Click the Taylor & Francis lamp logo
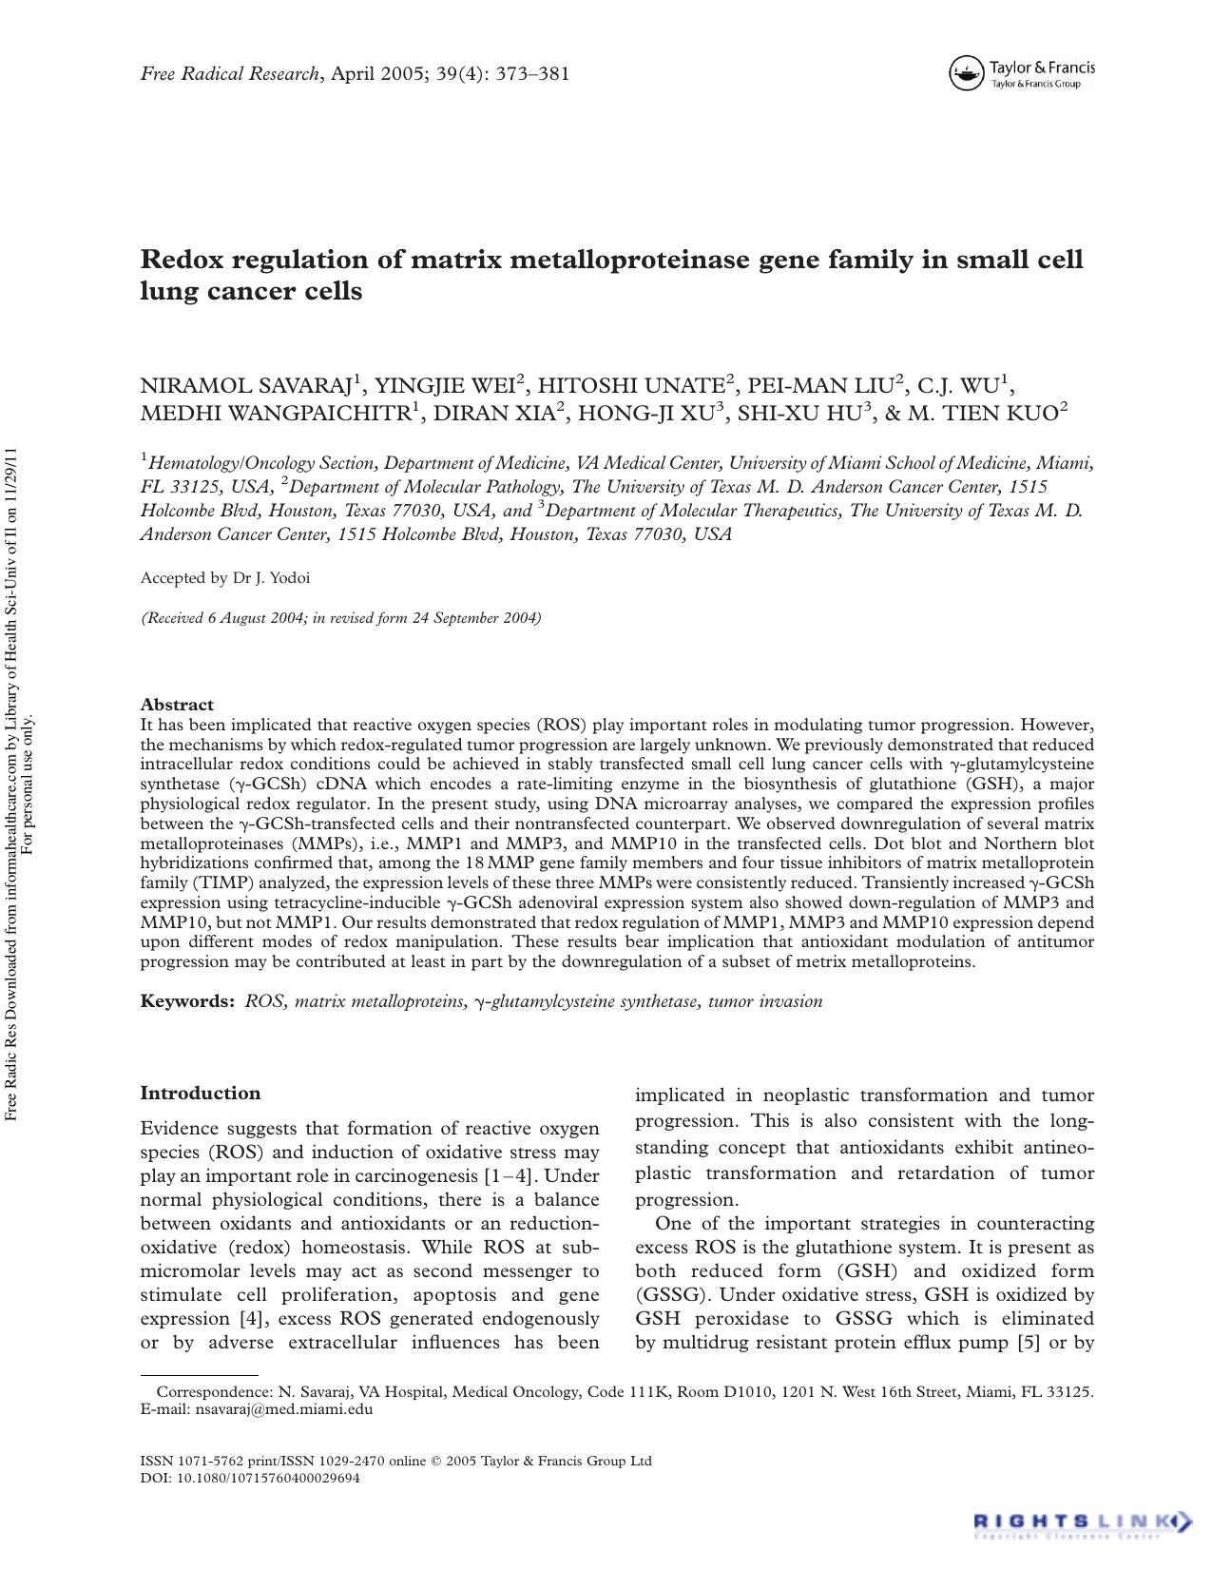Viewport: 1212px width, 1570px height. tap(966, 73)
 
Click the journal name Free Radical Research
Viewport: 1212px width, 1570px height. tap(230, 74)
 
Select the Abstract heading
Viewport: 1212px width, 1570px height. tap(177, 705)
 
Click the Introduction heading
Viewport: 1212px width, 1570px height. tap(200, 1094)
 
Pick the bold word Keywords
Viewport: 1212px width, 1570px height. tap(187, 1001)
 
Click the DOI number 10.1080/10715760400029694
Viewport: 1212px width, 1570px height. tap(269, 1479)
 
